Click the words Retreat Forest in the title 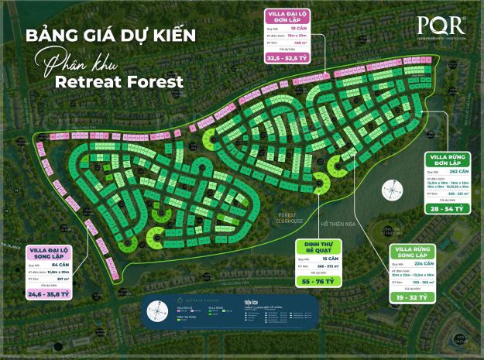coord(134,81)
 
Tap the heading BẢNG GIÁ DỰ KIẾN coord(109,35)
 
